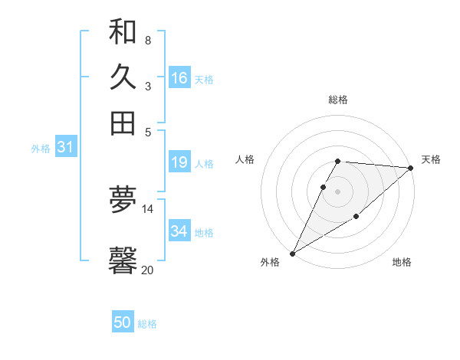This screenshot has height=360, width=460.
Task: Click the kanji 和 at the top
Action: pos(123,32)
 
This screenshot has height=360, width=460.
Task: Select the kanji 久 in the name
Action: pos(123,77)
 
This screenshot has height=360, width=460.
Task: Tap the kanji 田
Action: pos(123,123)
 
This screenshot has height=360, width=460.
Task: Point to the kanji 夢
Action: pos(123,200)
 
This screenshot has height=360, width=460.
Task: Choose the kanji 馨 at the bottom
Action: pos(123,260)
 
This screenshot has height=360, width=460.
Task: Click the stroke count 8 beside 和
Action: pos(147,40)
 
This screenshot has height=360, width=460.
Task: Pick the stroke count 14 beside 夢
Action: pos(147,208)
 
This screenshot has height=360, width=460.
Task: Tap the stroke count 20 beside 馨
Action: pos(147,270)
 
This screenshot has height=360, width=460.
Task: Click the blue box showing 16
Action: pos(179,77)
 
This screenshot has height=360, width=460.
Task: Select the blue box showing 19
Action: pos(179,162)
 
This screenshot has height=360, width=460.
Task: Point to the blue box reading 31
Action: pos(64,148)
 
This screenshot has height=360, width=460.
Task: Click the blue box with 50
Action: pos(123,322)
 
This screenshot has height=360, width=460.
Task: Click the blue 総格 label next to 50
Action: pos(147,324)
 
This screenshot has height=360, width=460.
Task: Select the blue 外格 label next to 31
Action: pos(41,149)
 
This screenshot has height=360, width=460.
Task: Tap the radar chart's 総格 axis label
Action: pos(337,100)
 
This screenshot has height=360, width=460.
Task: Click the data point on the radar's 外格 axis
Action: pos(292,254)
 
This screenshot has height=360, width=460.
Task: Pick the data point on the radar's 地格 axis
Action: pos(356,218)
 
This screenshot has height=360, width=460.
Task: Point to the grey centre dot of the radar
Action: pos(337,190)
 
